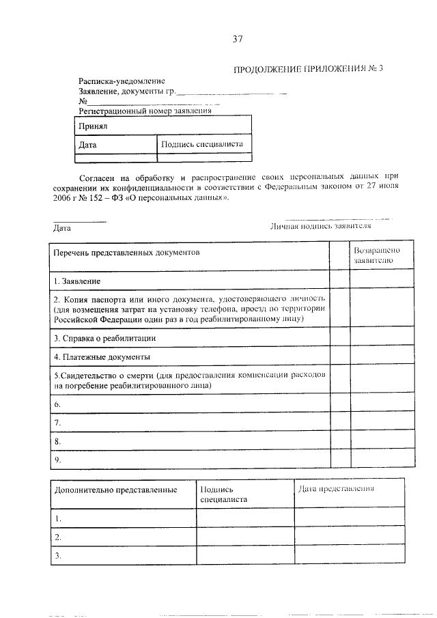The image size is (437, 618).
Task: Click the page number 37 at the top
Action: click(x=237, y=39)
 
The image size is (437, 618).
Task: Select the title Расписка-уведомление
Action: click(x=122, y=81)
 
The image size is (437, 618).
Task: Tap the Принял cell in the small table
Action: click(x=92, y=126)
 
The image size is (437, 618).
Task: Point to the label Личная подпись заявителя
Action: click(x=320, y=225)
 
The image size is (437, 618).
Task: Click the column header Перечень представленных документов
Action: click(x=127, y=252)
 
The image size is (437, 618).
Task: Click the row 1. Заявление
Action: click(x=77, y=281)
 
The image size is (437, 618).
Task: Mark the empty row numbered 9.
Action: click(x=57, y=460)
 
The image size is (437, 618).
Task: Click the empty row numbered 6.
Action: click(x=57, y=404)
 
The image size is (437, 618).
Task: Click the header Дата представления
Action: click(x=336, y=489)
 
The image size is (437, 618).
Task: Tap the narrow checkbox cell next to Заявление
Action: click(x=339, y=280)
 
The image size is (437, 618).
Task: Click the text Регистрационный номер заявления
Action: click(x=145, y=110)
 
